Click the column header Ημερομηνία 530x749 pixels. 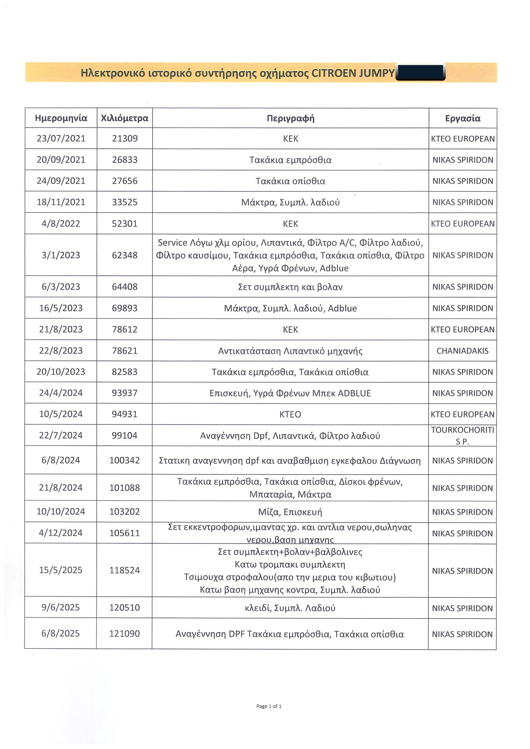(x=61, y=118)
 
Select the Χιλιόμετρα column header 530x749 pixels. (x=124, y=118)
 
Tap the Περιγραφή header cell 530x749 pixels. (x=290, y=118)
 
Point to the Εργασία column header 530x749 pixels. (x=462, y=118)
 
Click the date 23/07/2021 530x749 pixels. (x=61, y=138)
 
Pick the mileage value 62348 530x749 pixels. (x=124, y=255)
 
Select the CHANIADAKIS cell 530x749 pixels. (x=462, y=351)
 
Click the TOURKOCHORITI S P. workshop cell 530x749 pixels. (x=462, y=436)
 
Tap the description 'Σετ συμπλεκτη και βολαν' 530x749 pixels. (x=290, y=287)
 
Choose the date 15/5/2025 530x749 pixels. (x=61, y=570)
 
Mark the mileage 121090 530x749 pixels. (x=124, y=633)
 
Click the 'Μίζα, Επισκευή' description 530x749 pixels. (x=290, y=512)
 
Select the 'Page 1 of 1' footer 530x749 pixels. (x=269, y=706)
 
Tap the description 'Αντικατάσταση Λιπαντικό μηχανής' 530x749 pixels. (x=290, y=351)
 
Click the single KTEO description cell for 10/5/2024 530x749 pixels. (x=290, y=414)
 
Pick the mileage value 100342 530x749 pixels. (x=124, y=460)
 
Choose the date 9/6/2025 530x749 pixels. (x=61, y=608)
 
